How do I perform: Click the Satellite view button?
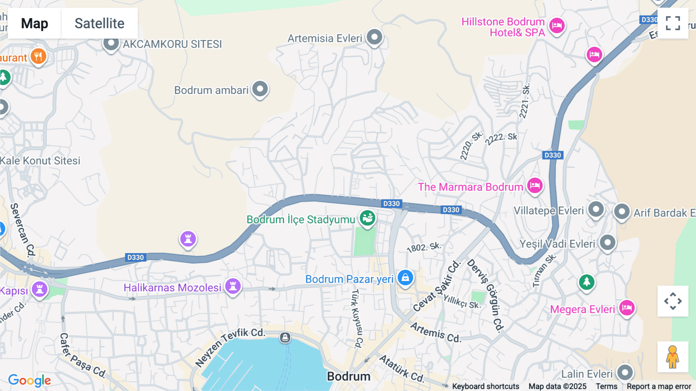click(99, 23)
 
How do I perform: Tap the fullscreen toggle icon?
click(673, 23)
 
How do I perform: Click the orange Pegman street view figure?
click(673, 357)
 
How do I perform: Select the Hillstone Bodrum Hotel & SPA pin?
click(557, 26)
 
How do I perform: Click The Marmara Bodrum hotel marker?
click(535, 185)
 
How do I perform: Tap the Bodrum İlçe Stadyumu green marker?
click(367, 218)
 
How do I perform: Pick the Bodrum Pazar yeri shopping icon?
click(405, 278)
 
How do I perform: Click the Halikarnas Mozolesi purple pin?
click(233, 286)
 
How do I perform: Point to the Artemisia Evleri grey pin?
click(374, 37)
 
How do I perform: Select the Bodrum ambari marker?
click(260, 89)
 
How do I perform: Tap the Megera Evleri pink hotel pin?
click(626, 308)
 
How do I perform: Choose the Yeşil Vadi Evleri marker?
click(607, 243)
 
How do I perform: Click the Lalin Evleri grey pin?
click(625, 372)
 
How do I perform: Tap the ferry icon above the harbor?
click(285, 338)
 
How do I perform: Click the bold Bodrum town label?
click(348, 376)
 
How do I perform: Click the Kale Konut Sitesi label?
click(40, 161)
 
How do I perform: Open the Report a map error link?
click(659, 386)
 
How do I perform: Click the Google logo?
click(29, 380)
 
